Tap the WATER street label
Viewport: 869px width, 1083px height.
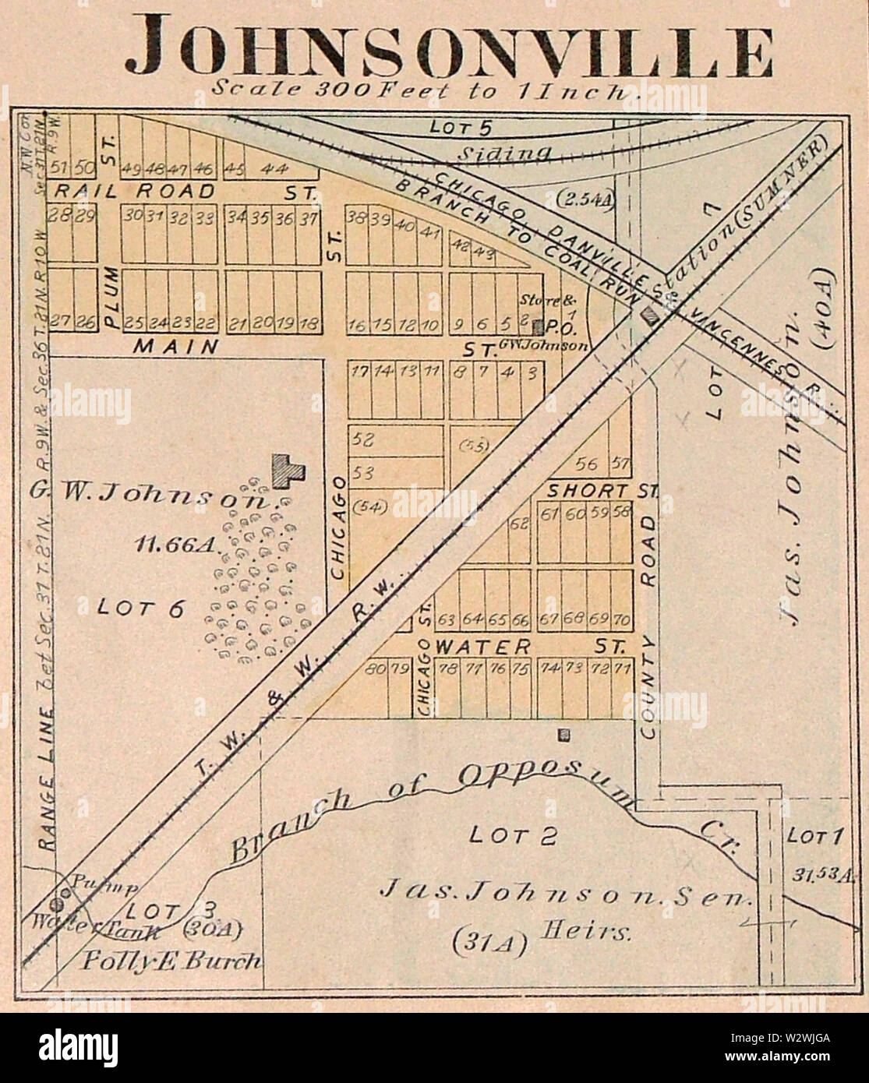pyautogui.click(x=483, y=647)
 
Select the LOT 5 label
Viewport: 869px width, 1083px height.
pyautogui.click(x=460, y=126)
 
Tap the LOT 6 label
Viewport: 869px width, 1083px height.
pyautogui.click(x=140, y=608)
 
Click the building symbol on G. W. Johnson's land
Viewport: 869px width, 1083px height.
pyautogui.click(x=287, y=471)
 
